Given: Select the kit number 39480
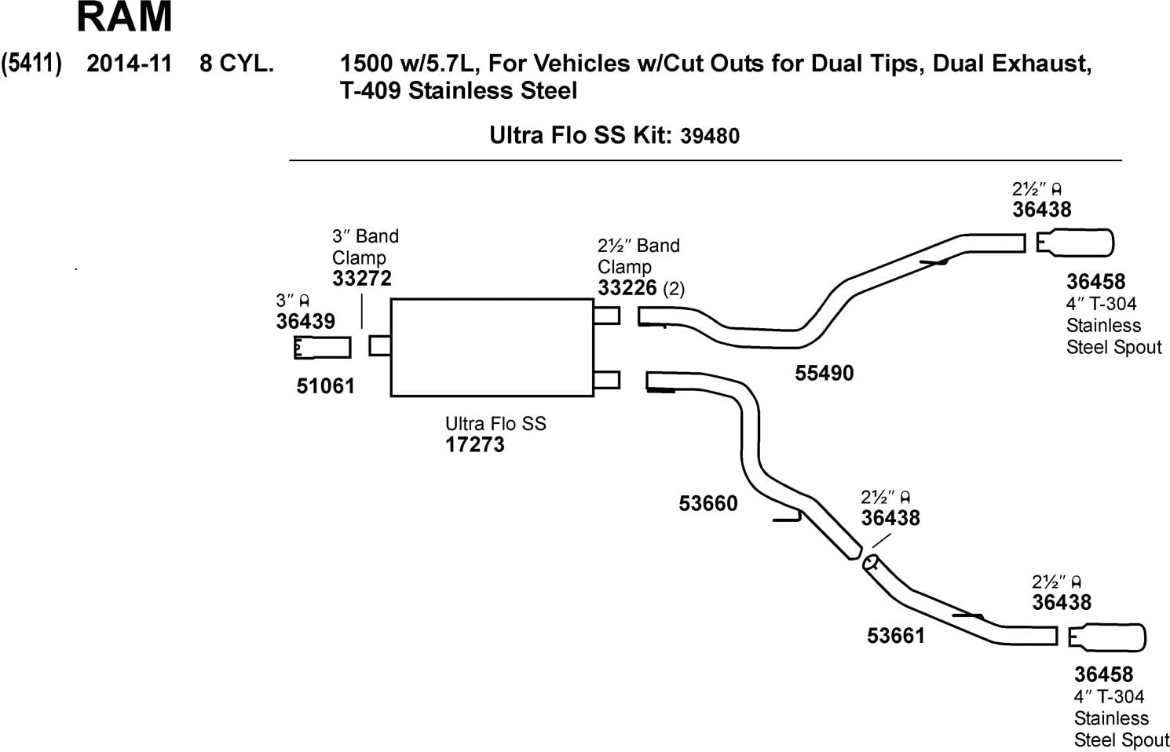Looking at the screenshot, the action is pos(710,137).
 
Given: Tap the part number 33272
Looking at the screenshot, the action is pos(361,279).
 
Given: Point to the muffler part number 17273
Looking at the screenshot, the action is pos(475,445).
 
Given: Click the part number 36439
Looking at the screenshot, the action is pos(305,321).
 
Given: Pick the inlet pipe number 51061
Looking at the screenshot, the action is pos(325,386).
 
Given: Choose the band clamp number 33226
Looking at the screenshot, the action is pos(627,288).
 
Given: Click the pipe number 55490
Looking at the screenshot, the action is pos(824,374).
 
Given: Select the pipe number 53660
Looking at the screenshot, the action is pos(708,503).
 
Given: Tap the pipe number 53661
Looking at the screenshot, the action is pos(896,636).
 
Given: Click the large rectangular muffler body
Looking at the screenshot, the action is pos(492,348).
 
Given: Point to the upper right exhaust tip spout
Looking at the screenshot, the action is pos(1075,243).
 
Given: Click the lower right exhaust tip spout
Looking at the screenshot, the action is pos(1107,637).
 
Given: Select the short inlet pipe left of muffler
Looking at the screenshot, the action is pos(322,348).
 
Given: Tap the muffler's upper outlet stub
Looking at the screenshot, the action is pos(607,316).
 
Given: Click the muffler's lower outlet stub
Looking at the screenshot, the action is pos(607,380).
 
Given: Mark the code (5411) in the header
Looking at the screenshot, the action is pos(31,64).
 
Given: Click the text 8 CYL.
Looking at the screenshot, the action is pos(236,64).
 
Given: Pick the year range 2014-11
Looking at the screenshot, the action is pos(129,64).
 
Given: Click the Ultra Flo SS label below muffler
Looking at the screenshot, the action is pos(495,424).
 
